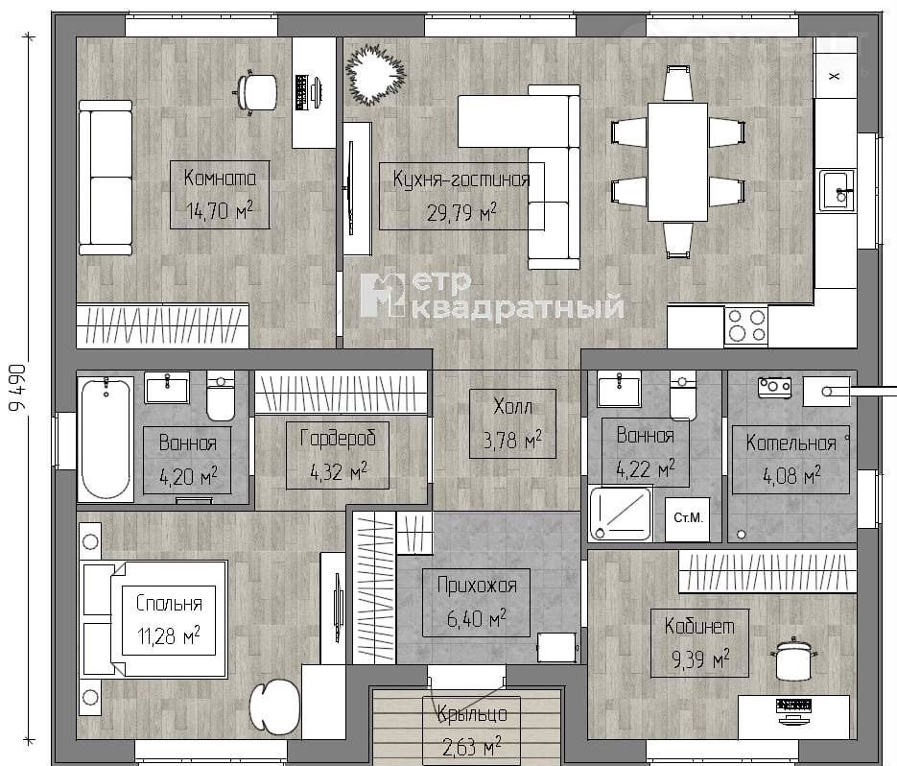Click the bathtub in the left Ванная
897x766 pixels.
tap(106, 439)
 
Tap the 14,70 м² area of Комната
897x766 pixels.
tap(220, 211)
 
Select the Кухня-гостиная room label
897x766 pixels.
tap(460, 180)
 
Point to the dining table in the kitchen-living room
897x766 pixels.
tap(677, 162)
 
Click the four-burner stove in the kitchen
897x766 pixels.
tap(746, 325)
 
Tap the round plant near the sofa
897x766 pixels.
tap(375, 76)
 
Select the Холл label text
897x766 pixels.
tap(512, 407)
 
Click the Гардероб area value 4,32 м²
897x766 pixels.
tap(338, 472)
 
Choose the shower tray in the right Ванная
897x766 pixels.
tap(621, 514)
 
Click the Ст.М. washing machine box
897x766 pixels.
tap(688, 519)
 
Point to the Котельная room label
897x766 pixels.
tap(791, 443)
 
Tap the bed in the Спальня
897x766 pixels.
tap(155, 619)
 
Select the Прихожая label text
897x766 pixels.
tap(477, 586)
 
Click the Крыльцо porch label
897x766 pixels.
tap(472, 714)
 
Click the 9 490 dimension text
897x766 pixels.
tap(17, 388)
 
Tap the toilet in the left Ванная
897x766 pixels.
tap(221, 395)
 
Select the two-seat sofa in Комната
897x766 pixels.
tap(106, 178)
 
